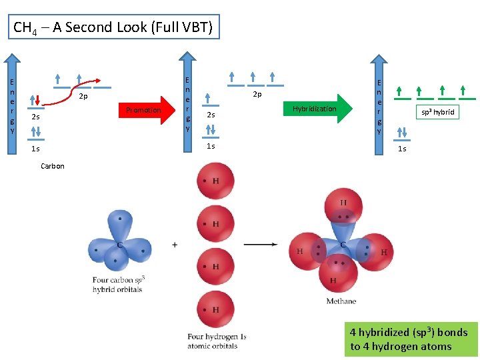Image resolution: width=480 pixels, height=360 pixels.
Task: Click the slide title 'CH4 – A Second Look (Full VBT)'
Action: click(113, 28)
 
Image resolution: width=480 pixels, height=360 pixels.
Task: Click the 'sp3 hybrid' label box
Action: click(437, 112)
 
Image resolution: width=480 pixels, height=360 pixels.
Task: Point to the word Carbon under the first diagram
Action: click(53, 166)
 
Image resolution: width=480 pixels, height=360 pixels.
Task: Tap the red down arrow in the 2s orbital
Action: click(38, 99)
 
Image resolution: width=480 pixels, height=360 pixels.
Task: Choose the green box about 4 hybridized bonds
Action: click(411, 339)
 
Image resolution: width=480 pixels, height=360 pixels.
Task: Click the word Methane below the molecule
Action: click(341, 301)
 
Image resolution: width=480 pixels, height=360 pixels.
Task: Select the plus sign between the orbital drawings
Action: click(175, 245)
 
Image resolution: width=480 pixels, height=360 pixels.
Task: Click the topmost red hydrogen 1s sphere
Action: click(215, 181)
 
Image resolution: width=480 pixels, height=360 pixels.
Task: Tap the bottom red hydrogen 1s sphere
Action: click(215, 310)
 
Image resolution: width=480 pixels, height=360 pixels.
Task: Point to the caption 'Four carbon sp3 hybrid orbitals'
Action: click(118, 285)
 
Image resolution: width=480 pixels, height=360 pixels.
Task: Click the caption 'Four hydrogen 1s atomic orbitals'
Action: click(217, 341)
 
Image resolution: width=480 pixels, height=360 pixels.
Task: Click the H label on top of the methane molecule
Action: click(343, 203)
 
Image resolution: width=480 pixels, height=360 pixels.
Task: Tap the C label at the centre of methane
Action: click(343, 245)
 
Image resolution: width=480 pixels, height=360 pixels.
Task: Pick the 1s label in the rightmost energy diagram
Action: click(402, 149)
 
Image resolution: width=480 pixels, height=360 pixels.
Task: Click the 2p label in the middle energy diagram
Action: click(256, 95)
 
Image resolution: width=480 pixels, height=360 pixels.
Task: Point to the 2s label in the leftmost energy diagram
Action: click(35, 117)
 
